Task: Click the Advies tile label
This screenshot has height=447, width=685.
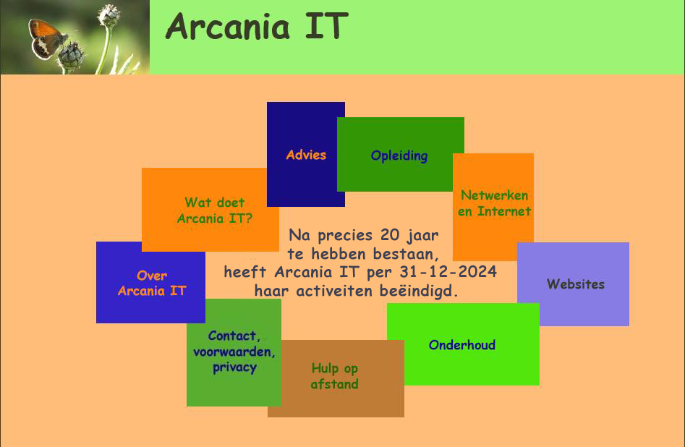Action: tap(306, 155)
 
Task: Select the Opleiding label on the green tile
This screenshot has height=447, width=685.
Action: tap(399, 156)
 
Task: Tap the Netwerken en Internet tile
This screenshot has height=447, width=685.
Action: tap(493, 207)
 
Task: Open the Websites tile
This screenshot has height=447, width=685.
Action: tap(573, 284)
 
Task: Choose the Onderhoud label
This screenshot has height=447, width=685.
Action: tap(461, 345)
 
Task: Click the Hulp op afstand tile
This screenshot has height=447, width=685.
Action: tap(336, 378)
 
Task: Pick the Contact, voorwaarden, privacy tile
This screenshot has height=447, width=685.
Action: tap(234, 352)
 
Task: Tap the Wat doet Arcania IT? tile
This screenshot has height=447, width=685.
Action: tap(210, 210)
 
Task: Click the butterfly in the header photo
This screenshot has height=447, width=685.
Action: tap(46, 38)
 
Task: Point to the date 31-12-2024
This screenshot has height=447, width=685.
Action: tap(448, 272)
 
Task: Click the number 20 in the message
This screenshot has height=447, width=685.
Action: tap(390, 234)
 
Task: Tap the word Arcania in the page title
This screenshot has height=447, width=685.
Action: tap(228, 26)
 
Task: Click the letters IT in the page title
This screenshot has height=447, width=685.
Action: tap(326, 26)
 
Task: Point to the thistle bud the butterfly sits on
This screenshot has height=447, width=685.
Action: tap(71, 55)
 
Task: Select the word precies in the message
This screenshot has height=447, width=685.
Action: tap(345, 236)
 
